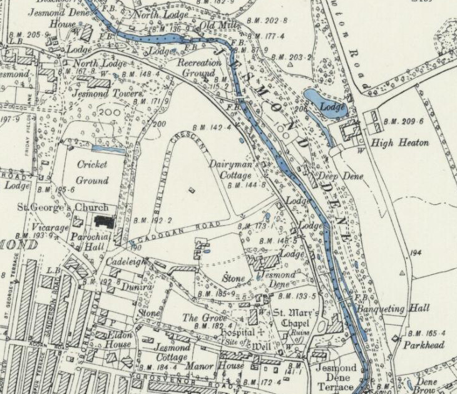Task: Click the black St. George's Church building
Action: point(103,221)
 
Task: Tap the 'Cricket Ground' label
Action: point(93,172)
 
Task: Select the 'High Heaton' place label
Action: point(399,143)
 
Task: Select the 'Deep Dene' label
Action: point(342,176)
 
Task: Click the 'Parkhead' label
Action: point(423,345)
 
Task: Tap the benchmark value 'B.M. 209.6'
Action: point(403,121)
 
